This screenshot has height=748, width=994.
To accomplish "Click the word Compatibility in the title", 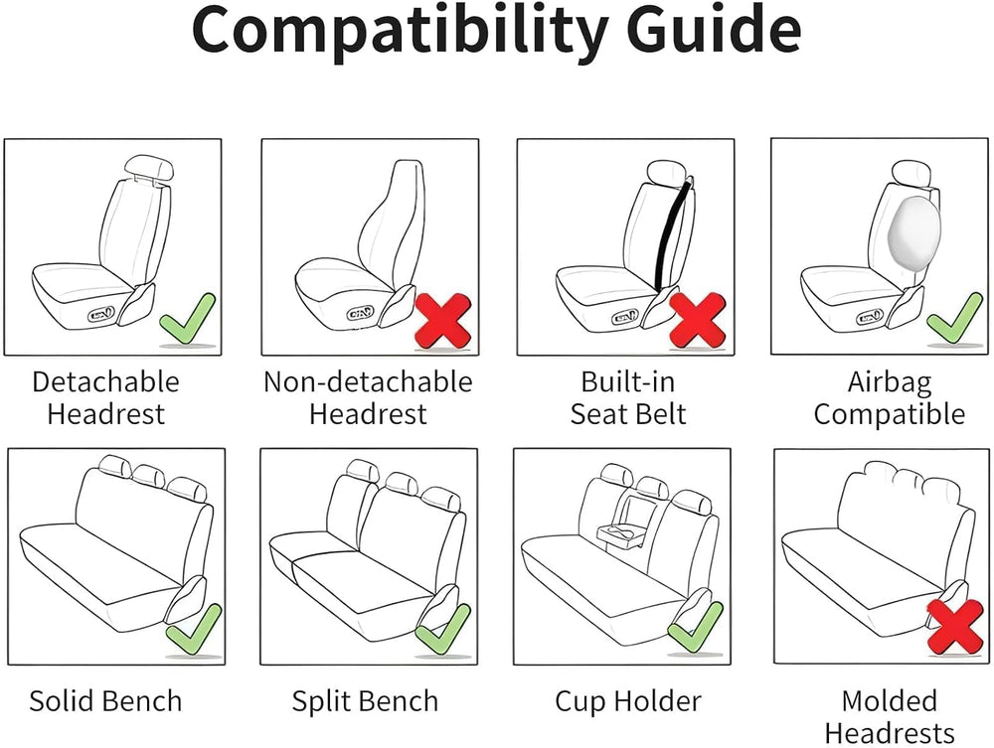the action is click(399, 32).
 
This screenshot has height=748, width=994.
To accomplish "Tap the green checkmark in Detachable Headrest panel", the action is click(187, 319).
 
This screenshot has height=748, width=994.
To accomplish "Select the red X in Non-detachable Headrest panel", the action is click(443, 320).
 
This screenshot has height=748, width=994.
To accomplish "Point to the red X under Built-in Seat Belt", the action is click(698, 320).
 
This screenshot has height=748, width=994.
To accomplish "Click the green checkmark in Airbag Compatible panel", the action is click(954, 319).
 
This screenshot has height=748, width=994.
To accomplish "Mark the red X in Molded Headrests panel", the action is click(955, 627).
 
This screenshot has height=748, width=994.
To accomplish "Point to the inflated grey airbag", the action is click(914, 229).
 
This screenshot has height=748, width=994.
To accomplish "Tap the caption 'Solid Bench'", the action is click(106, 701).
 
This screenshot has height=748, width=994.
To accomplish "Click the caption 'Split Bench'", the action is click(365, 701).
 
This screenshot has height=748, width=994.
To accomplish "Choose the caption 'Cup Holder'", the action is click(628, 701).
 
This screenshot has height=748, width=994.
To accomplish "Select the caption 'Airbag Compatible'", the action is click(890, 398).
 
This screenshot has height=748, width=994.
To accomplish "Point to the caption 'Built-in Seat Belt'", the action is click(628, 398).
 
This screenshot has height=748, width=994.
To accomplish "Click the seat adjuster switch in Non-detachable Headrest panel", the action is click(360, 313).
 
